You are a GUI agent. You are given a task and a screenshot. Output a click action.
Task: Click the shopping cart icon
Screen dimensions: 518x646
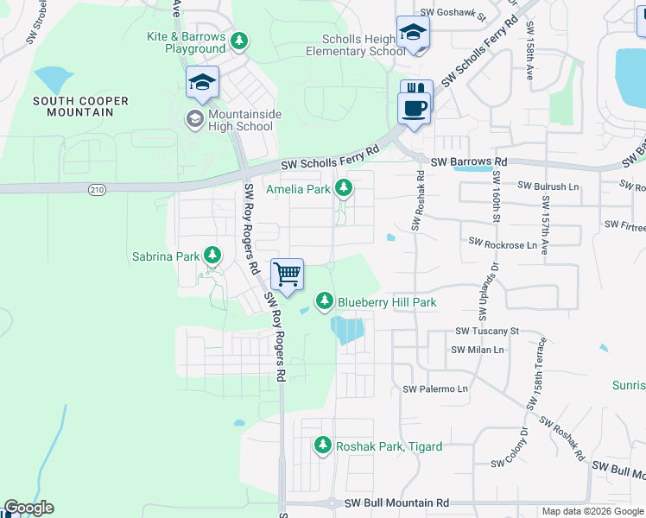point(287,275)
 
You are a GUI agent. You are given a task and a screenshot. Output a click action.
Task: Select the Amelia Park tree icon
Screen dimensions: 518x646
point(344,187)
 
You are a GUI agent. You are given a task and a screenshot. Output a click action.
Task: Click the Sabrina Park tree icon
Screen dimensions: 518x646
point(212,256)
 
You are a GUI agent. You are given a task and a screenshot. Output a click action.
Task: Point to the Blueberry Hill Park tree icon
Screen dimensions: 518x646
point(325,300)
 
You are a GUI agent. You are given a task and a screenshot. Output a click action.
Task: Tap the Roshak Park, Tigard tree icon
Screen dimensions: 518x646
point(323,445)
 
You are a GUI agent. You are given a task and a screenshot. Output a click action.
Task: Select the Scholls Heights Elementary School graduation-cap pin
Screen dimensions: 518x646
point(413,33)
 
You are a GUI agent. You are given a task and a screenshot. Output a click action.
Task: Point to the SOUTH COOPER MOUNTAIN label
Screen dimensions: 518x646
point(80,107)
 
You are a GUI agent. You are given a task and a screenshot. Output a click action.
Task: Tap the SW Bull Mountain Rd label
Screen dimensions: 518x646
point(396,502)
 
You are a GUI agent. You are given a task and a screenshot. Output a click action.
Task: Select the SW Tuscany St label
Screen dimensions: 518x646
point(486,331)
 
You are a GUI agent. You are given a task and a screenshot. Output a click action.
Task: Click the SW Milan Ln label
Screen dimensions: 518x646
point(477,350)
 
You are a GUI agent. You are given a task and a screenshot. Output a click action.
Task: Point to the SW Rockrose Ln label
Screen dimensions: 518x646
point(502,245)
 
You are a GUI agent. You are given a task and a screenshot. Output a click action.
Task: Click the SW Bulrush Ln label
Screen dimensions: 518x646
point(548,186)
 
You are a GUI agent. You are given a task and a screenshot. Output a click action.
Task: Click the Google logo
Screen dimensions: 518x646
point(29,508)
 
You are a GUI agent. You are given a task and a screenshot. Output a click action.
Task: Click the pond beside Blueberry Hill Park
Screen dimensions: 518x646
point(348,330)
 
